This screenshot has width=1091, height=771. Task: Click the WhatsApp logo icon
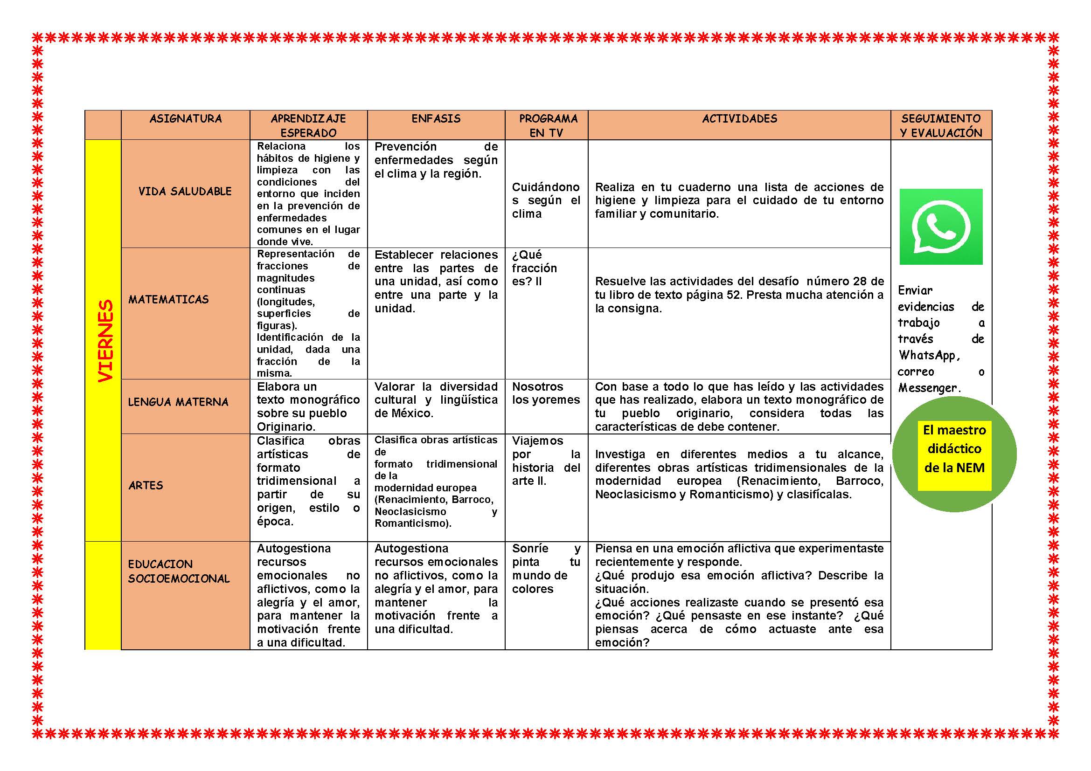click(x=940, y=227)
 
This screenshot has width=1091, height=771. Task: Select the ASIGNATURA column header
click(x=185, y=119)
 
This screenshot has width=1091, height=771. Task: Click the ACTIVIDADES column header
click(x=739, y=119)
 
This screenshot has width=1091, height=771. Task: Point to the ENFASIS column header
click(x=436, y=119)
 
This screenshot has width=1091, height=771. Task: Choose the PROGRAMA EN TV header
click(x=547, y=125)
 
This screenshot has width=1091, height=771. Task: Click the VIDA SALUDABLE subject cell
click(x=185, y=191)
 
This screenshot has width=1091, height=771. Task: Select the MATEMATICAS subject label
click(x=168, y=300)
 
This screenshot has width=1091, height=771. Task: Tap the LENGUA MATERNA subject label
click(x=178, y=402)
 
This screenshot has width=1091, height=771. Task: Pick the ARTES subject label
click(x=146, y=485)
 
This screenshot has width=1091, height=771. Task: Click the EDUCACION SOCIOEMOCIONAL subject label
click(x=179, y=571)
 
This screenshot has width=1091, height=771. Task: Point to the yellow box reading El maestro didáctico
click(x=954, y=449)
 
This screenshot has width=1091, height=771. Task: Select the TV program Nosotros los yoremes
click(x=546, y=393)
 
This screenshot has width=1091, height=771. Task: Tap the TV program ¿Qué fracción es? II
click(x=534, y=268)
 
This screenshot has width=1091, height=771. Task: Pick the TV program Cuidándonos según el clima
click(x=546, y=200)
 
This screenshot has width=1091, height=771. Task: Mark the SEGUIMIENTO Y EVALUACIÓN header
click(x=941, y=125)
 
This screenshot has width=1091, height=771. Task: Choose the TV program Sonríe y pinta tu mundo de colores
click(x=546, y=568)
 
